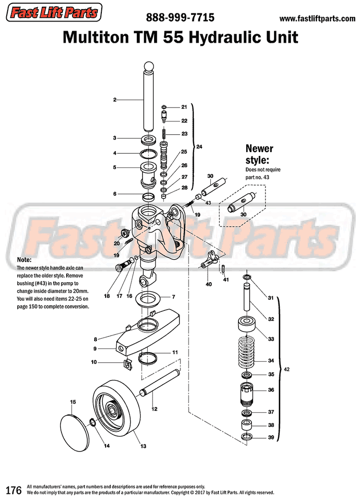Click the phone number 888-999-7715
tap(180, 18)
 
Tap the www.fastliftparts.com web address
tap(317, 19)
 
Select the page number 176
tap(13, 489)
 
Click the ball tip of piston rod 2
tap(148, 67)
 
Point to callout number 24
tap(200, 147)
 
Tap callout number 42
tap(287, 369)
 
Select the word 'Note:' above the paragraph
tap(24, 260)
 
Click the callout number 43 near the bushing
tap(208, 203)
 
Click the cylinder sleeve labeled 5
tap(148, 175)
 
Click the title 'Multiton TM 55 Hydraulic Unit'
tap(180, 37)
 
